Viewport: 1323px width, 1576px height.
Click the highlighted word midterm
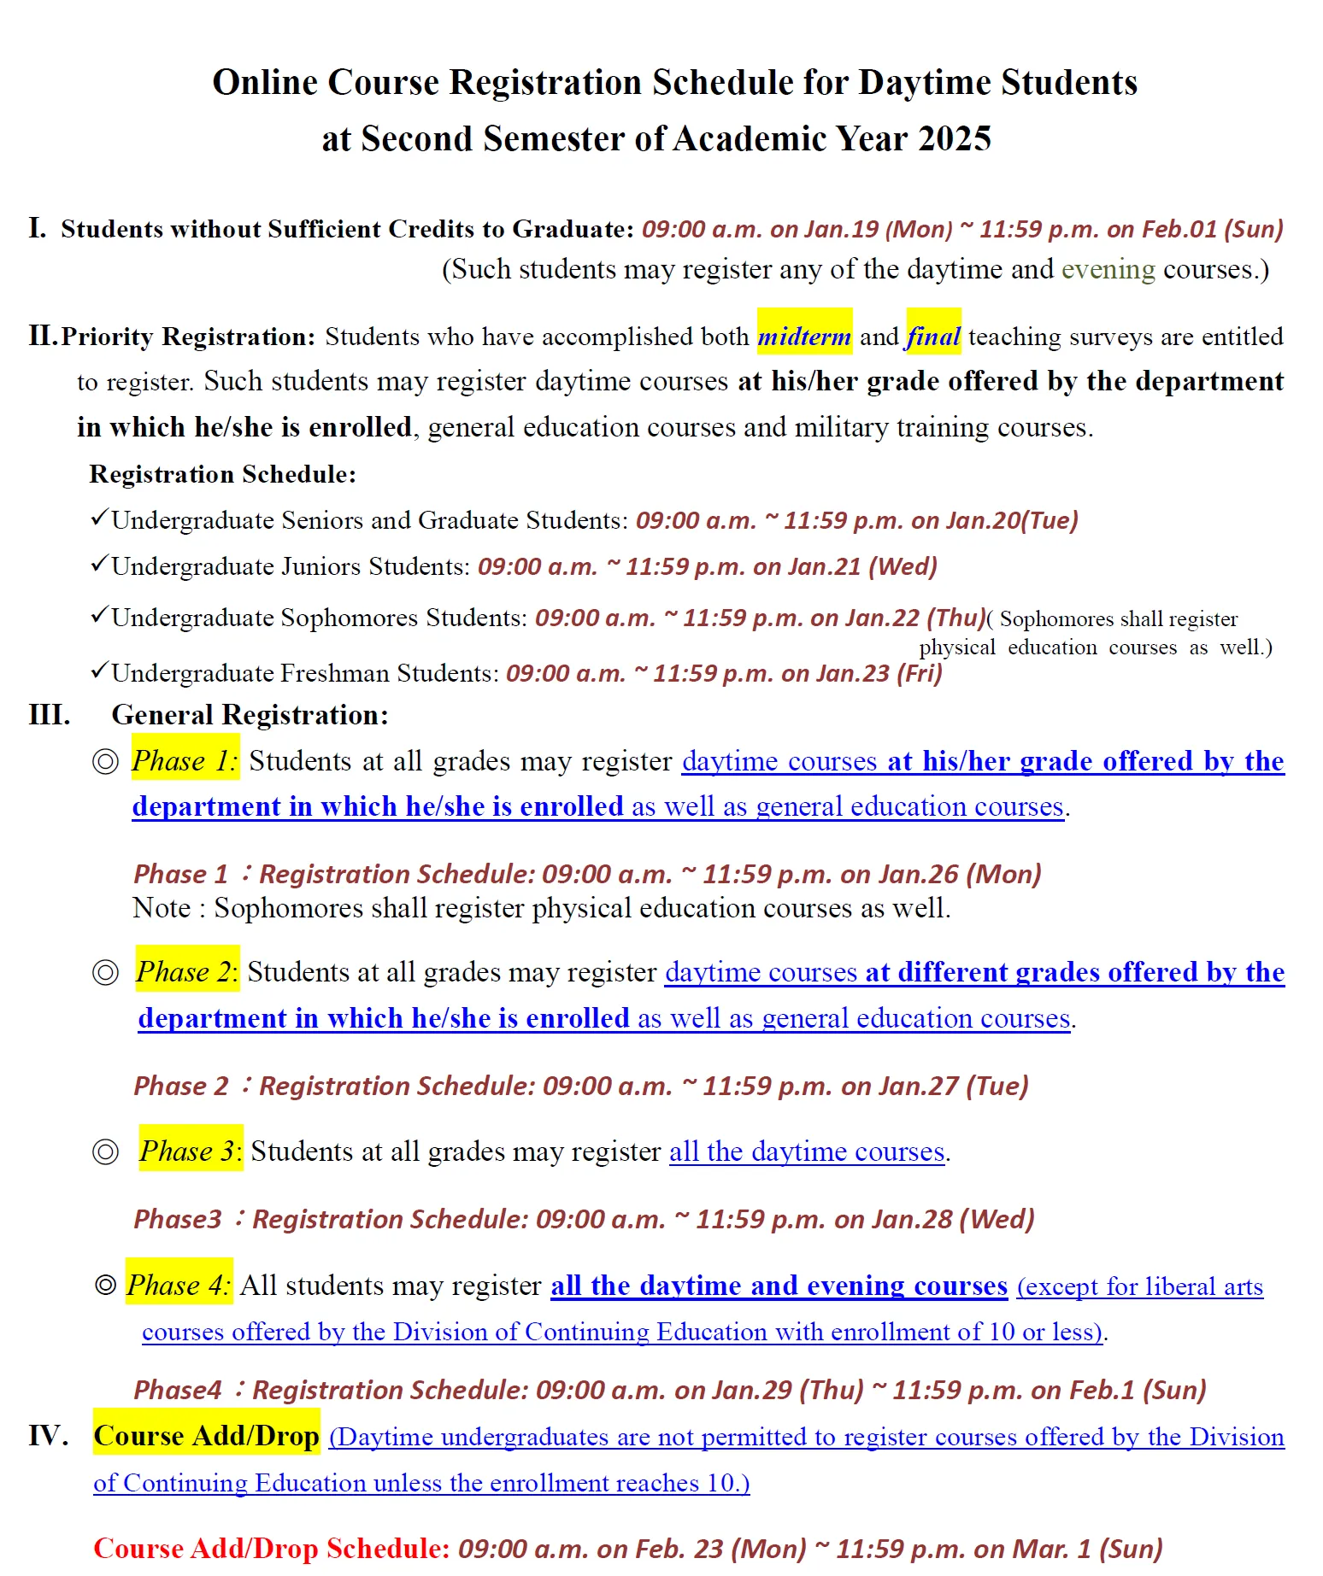pos(804,336)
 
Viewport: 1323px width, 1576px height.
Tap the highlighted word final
pos(933,336)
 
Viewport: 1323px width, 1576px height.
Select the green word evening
pos(1108,269)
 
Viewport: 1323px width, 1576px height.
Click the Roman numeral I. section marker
pos(38,228)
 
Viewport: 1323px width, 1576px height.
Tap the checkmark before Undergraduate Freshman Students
pos(99,671)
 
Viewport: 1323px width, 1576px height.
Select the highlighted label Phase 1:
pos(185,760)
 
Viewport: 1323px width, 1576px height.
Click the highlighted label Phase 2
pos(186,971)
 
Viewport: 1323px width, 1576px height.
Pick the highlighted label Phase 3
pos(191,1151)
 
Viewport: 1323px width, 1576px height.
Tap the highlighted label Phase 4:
pos(179,1285)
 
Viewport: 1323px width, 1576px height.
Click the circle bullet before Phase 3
pos(105,1151)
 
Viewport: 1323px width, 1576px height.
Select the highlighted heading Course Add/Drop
pos(206,1436)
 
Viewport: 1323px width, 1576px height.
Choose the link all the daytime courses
pos(807,1151)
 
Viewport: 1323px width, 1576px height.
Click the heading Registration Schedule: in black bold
pos(222,474)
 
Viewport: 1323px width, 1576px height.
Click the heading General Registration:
pos(250,714)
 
